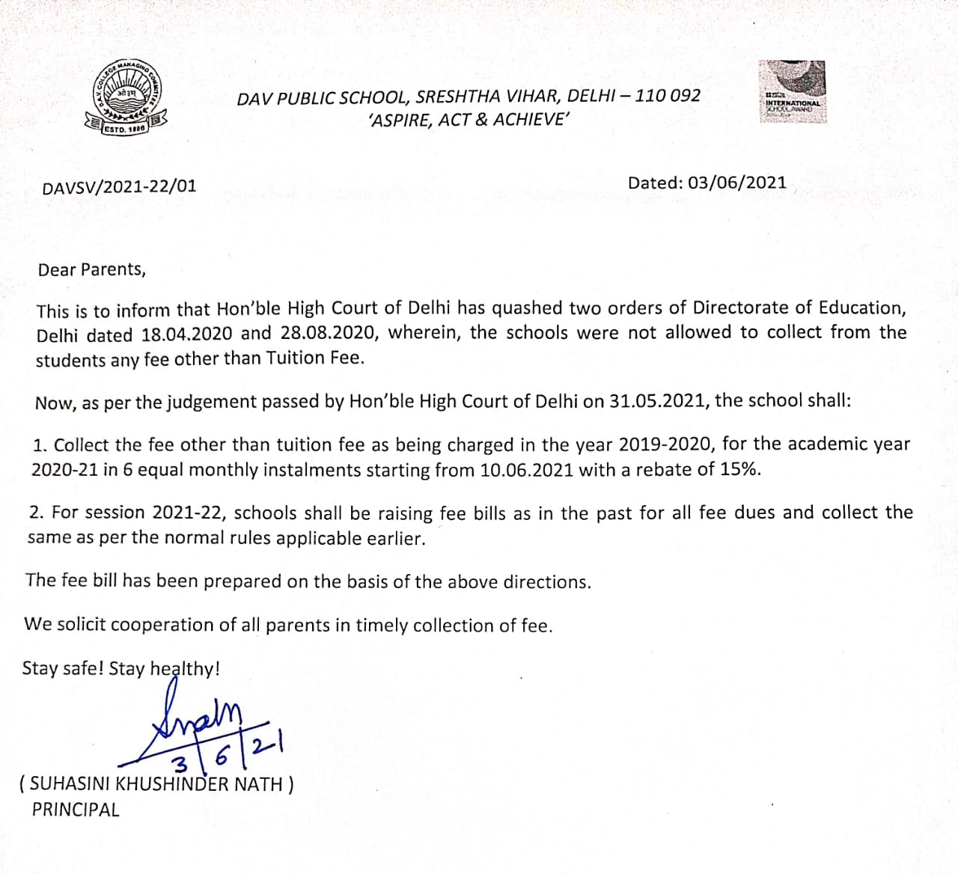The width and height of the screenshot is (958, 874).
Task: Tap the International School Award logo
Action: [x=793, y=91]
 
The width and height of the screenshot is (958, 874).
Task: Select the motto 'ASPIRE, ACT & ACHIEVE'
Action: [x=469, y=120]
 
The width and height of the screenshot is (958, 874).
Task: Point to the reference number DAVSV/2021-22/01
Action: [x=119, y=186]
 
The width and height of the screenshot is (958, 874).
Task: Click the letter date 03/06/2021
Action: [x=737, y=183]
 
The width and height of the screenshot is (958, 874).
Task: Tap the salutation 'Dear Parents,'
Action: [x=92, y=269]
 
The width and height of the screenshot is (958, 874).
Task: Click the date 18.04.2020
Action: [x=186, y=334]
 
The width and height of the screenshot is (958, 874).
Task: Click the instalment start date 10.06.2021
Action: [x=527, y=470]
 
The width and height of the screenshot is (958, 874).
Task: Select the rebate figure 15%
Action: [x=740, y=469]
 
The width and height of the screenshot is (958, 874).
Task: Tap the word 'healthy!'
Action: [x=185, y=668]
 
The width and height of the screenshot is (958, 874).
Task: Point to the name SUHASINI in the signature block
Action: [x=70, y=784]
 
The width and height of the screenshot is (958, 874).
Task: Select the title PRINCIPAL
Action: [x=76, y=810]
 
